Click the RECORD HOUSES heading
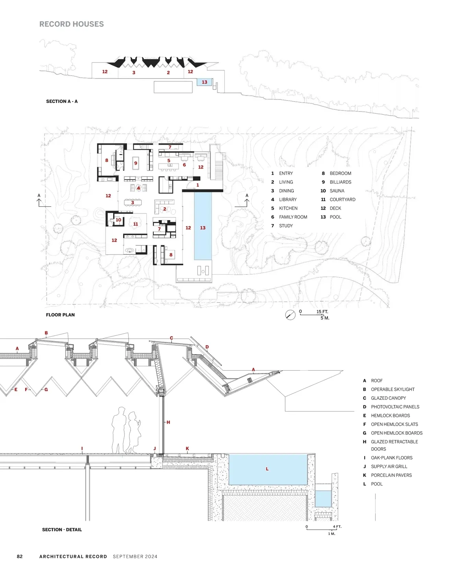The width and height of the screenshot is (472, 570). (72, 24)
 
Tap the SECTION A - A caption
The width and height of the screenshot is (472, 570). (62, 101)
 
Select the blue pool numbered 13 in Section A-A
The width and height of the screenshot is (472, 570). (204, 82)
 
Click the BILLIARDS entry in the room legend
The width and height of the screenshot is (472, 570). (340, 182)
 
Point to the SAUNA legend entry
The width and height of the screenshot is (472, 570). (337, 191)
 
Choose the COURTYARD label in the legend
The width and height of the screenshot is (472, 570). (343, 200)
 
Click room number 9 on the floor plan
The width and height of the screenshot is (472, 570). (135, 163)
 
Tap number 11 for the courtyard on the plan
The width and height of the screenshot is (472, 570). (135, 224)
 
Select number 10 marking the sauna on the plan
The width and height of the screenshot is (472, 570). (118, 220)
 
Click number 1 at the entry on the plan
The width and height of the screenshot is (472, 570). (197, 185)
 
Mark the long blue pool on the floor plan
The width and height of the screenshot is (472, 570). (203, 226)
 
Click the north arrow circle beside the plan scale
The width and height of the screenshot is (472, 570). (290, 315)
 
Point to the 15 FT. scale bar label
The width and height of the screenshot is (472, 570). (322, 311)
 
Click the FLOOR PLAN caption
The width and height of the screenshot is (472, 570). (60, 315)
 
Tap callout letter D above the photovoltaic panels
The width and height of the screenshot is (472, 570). (207, 347)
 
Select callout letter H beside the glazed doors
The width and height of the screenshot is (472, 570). (168, 422)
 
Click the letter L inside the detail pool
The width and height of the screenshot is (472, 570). (267, 469)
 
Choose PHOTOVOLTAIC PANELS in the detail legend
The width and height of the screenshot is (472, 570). (395, 407)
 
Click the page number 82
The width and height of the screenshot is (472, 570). (20, 556)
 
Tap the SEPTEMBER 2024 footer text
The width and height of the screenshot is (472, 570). (135, 556)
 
